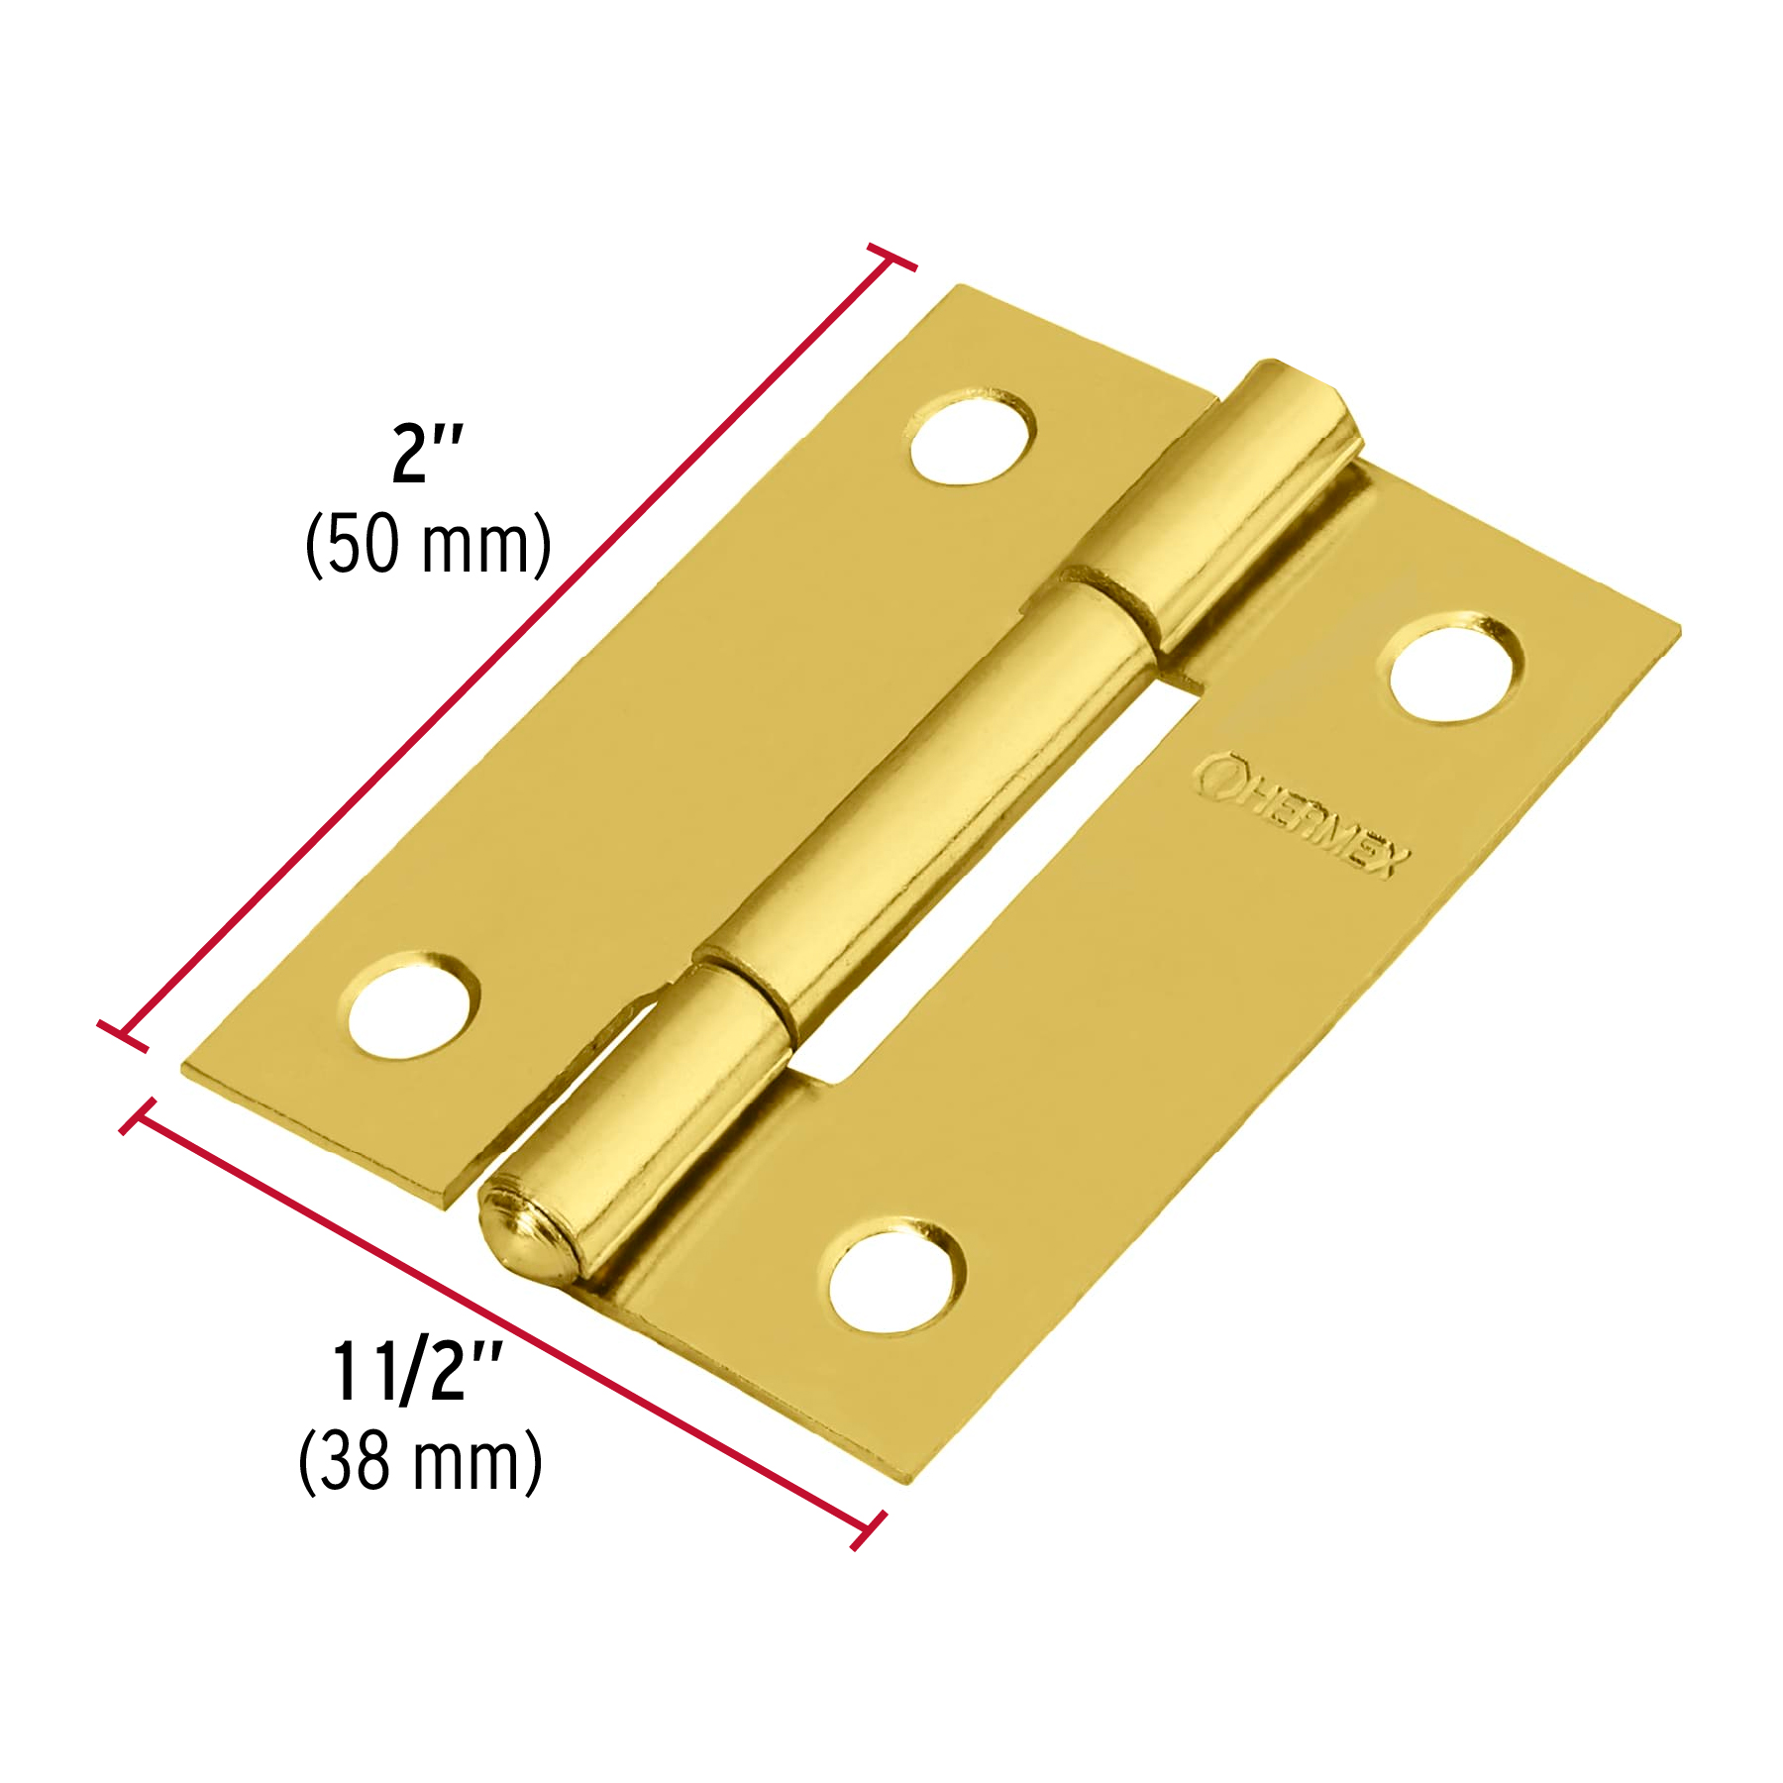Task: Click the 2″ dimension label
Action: click(x=427, y=454)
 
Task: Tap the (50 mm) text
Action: click(x=428, y=544)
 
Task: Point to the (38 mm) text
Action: click(x=420, y=1461)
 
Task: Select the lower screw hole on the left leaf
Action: click(x=412, y=1006)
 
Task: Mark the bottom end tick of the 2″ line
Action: click(x=123, y=1034)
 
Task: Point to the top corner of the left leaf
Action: click(x=959, y=288)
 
